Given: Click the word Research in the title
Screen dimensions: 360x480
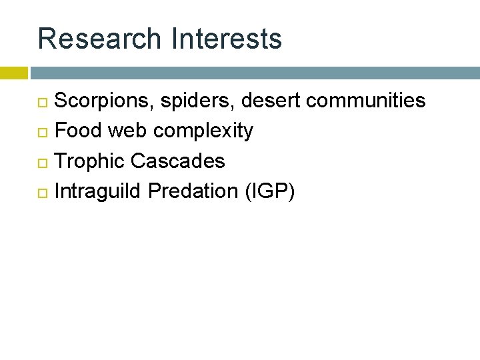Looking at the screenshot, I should tap(99, 39).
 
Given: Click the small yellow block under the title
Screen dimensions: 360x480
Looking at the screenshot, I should tap(13, 73).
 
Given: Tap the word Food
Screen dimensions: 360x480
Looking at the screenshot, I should tap(78, 131).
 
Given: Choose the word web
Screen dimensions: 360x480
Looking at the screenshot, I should tap(128, 131).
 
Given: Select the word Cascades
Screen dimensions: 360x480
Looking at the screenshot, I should tap(178, 161).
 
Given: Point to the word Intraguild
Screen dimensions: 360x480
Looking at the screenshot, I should tap(99, 191).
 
